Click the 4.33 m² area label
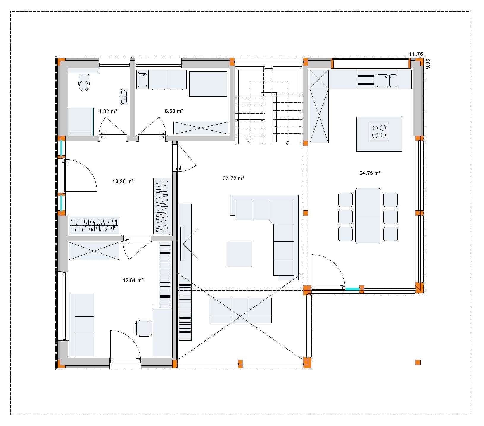pos(108,111)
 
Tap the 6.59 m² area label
pos(174,111)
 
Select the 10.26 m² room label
pos(123,181)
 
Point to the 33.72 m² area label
pos(233,178)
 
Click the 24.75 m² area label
pos(370,173)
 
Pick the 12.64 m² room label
pos(133,280)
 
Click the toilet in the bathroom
pos(84,82)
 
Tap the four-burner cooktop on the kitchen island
pos(379,131)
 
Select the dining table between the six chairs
pos(368,216)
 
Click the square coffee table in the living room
pos(239,254)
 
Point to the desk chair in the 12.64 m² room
pos(144,328)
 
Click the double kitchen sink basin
pos(387,80)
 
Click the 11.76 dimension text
pos(416,54)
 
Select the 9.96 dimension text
pos(427,64)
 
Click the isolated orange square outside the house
pos(418,362)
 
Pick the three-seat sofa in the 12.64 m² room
pos(82,325)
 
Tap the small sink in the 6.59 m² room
pos(142,79)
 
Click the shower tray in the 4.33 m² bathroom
pos(81,122)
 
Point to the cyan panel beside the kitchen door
pos(352,288)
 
